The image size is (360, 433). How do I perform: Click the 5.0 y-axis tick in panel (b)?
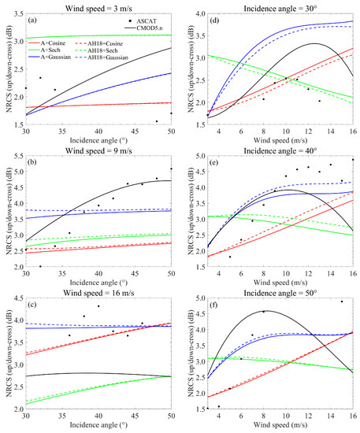point(17,169)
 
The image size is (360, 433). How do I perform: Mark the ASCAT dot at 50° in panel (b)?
point(170,168)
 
